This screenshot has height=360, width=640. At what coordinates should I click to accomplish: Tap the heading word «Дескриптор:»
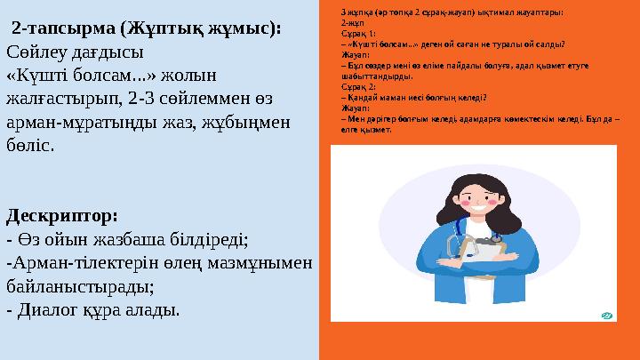point(61,216)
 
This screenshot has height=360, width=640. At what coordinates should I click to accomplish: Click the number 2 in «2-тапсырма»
point(17,28)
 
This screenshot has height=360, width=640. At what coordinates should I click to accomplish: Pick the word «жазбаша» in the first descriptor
point(142,240)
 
